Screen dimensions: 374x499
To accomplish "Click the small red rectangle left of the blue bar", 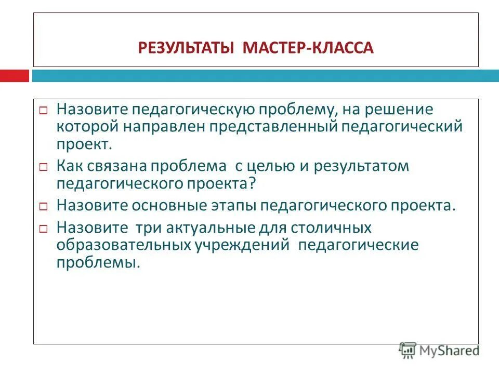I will (14, 76).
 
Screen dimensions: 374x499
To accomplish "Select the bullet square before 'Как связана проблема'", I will (44, 168).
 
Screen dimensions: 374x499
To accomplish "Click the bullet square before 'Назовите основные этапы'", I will (44, 206).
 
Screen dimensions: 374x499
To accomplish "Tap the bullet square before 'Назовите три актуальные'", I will (44, 229).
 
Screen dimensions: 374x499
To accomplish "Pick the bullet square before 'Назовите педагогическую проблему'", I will (44, 112).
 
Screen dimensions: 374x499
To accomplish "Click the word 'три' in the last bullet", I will (147, 228).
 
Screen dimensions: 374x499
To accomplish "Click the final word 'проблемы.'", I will (98, 262).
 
